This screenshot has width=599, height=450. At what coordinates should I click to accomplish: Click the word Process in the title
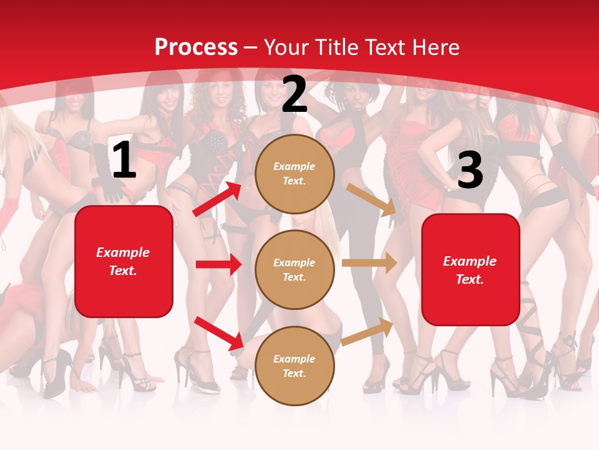[196, 47]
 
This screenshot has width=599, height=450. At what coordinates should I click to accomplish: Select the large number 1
[124, 161]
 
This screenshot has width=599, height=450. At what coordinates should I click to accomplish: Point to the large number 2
[295, 94]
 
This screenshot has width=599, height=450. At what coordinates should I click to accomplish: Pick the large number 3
[470, 171]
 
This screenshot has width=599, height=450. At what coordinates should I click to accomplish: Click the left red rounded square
[124, 261]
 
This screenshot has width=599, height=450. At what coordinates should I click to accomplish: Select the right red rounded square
[470, 270]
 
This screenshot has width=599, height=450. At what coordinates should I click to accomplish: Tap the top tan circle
[295, 174]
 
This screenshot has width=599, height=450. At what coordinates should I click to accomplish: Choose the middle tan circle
[295, 269]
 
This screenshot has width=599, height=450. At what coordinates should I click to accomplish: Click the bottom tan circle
[295, 366]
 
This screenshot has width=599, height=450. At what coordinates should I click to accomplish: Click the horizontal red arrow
[218, 264]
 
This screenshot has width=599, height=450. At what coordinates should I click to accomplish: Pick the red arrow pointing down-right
[218, 332]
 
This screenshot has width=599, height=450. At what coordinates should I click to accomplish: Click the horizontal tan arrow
[369, 262]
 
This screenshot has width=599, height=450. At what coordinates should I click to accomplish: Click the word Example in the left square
[123, 252]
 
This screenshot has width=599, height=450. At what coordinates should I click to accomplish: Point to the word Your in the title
[285, 47]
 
